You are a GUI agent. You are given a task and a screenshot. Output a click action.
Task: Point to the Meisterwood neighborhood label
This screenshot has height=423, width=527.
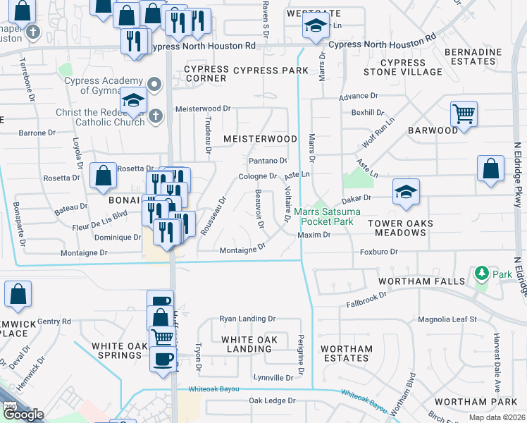tap(260, 139)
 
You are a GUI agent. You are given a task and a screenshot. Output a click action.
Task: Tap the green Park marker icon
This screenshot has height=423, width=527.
tap(482, 272)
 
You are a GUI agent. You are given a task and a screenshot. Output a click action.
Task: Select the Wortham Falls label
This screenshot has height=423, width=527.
tap(421, 281)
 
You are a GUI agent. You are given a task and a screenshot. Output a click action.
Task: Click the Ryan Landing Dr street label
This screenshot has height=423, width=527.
tap(247, 319)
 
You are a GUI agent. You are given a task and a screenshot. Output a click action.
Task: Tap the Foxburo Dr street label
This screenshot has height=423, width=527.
tap(379, 252)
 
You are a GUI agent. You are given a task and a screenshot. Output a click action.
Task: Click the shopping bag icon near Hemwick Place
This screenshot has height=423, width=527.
tap(18, 295)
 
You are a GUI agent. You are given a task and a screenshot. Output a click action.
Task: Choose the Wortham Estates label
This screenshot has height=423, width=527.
tap(347, 353)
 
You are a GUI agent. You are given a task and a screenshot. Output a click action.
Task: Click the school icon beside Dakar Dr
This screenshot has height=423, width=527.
tap(405, 193)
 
